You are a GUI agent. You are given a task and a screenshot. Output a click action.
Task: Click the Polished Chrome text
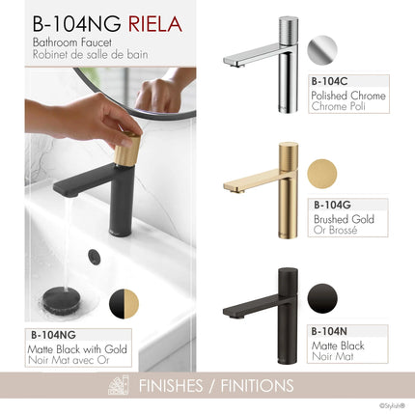(x=348, y=97)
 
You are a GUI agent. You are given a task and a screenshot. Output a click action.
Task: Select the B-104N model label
(x=331, y=331)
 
